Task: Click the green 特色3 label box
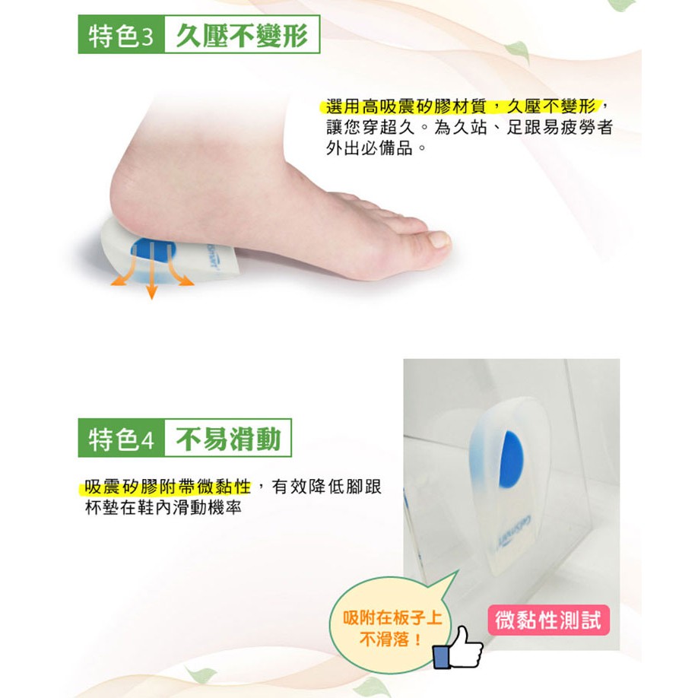pyautogui.click(x=121, y=35)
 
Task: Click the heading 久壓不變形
pyautogui.click(x=242, y=35)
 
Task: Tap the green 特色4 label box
pyautogui.click(x=121, y=438)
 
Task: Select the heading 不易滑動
pyautogui.click(x=228, y=439)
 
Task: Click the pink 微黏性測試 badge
pyautogui.click(x=548, y=620)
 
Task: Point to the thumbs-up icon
pyautogui.click(x=458, y=648)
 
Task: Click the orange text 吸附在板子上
pyautogui.click(x=392, y=618)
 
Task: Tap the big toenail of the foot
pyautogui.click(x=439, y=240)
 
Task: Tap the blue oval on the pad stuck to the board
pyautogui.click(x=511, y=459)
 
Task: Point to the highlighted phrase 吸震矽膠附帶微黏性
pyautogui.click(x=168, y=487)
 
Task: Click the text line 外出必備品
pyautogui.click(x=376, y=148)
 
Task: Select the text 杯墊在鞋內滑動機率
pyautogui.click(x=163, y=507)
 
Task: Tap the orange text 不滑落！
pyautogui.click(x=391, y=639)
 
